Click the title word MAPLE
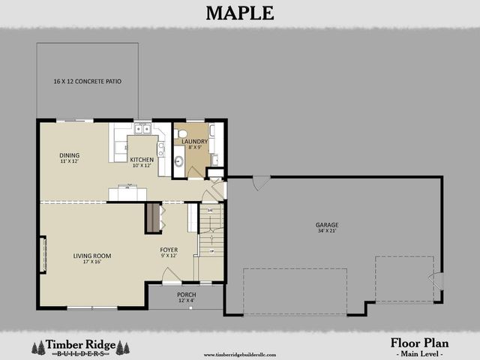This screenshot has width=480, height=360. click(x=240, y=13)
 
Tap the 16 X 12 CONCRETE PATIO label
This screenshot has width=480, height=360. click(x=87, y=81)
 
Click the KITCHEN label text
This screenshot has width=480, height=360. click(x=142, y=160)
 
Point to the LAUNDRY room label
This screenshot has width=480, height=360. click(x=193, y=141)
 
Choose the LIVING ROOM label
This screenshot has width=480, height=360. click(x=91, y=256)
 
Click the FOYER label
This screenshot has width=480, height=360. click(x=169, y=250)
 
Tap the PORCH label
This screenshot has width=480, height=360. click(x=186, y=295)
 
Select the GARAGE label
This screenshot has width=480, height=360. click(x=327, y=224)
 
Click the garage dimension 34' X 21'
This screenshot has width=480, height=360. click(x=327, y=231)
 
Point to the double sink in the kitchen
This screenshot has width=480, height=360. click(x=142, y=129)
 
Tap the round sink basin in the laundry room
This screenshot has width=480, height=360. click(x=179, y=161)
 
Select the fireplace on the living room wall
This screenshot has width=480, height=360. click(x=43, y=255)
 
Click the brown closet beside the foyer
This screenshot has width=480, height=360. click(x=152, y=217)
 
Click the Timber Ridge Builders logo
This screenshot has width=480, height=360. click(x=79, y=346)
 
